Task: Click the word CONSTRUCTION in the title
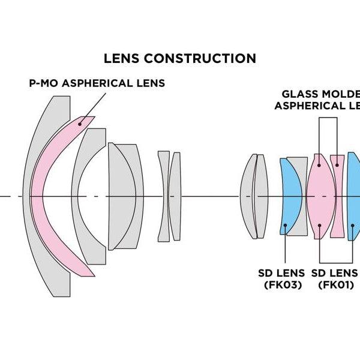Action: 202,58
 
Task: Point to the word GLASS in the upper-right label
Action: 300,94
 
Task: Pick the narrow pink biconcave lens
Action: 338,196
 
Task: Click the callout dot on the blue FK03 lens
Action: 287,226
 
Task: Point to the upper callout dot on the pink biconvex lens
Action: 320,164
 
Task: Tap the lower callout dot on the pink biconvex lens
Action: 320,226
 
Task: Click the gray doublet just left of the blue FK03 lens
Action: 253,196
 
